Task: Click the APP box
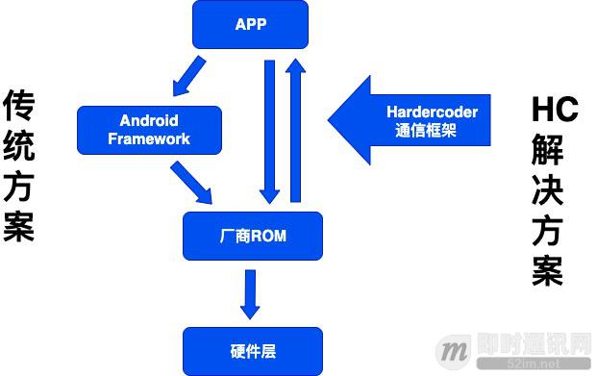[x=250, y=24]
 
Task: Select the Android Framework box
[x=149, y=130]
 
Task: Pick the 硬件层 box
[x=253, y=352]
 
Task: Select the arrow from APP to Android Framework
[x=188, y=77]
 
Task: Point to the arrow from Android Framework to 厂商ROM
[x=191, y=182]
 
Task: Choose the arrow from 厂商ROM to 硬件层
[x=251, y=293]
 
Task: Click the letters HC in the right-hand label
[x=555, y=109]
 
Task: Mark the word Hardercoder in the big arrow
[x=432, y=112]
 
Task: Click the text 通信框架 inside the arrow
[x=425, y=132]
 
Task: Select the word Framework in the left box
[x=149, y=138]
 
